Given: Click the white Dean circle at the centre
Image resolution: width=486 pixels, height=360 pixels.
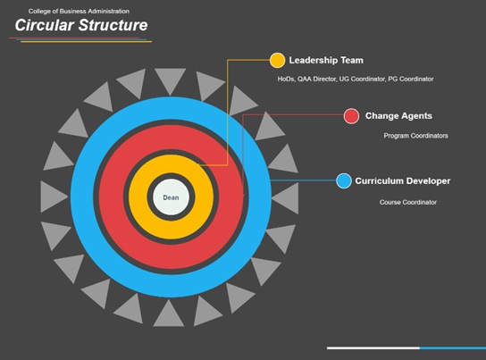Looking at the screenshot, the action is [171, 197].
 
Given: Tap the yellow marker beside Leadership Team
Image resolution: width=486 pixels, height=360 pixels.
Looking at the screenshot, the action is [277, 60].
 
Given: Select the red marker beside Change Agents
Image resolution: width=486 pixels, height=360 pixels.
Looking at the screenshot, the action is [351, 116].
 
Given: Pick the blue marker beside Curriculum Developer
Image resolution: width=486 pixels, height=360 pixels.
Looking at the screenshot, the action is [343, 181].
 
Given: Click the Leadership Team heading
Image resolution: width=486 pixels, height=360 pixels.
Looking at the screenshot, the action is [326, 60].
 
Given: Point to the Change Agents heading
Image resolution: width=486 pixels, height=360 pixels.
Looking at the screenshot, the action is [398, 116].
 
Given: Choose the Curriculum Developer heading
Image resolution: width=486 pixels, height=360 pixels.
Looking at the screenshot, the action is [403, 181].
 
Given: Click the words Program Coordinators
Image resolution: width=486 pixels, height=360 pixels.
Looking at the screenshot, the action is [415, 136].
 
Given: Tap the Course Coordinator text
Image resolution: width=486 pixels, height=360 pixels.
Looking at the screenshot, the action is [408, 202].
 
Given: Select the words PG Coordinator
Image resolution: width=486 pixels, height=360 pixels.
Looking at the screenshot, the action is [411, 79].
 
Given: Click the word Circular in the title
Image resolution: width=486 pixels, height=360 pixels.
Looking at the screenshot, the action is [45, 25].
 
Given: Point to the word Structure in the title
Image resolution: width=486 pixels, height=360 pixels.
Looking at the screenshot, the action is [113, 25].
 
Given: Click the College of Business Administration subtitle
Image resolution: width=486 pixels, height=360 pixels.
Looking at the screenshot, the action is [79, 11].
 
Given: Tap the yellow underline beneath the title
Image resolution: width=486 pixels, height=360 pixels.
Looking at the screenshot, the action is [86, 42].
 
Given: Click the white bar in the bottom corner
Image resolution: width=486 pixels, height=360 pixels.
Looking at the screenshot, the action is [373, 348].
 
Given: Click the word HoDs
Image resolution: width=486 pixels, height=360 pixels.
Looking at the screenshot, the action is [286, 79].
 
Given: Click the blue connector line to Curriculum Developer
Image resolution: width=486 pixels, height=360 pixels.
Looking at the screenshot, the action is [304, 180].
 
